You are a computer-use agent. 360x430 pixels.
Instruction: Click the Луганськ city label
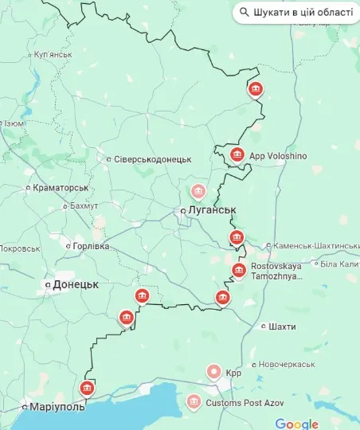pyautogui.click(x=213, y=209)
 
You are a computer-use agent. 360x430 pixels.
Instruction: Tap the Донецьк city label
pyautogui.click(x=75, y=283)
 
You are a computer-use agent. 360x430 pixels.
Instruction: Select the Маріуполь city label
pyautogui.click(x=57, y=407)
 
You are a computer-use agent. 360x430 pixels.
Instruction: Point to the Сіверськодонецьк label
pyautogui.click(x=152, y=159)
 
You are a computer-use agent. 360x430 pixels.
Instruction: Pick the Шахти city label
pyautogui.click(x=282, y=326)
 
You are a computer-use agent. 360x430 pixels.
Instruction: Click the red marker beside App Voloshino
pyautogui.click(x=237, y=154)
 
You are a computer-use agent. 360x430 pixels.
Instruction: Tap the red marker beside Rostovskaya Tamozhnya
pyautogui.click(x=238, y=271)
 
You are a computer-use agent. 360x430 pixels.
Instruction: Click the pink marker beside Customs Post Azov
pyautogui.click(x=194, y=403)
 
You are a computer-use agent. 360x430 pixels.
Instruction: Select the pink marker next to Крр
pyautogui.click(x=213, y=371)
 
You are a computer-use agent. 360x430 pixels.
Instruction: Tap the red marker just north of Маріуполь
pyautogui.click(x=87, y=388)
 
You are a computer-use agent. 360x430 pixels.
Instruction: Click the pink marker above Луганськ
pyautogui.click(x=198, y=191)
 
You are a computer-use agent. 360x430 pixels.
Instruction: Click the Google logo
pyautogui.click(x=296, y=424)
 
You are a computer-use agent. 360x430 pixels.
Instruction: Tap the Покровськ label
pyautogui.click(x=19, y=248)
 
